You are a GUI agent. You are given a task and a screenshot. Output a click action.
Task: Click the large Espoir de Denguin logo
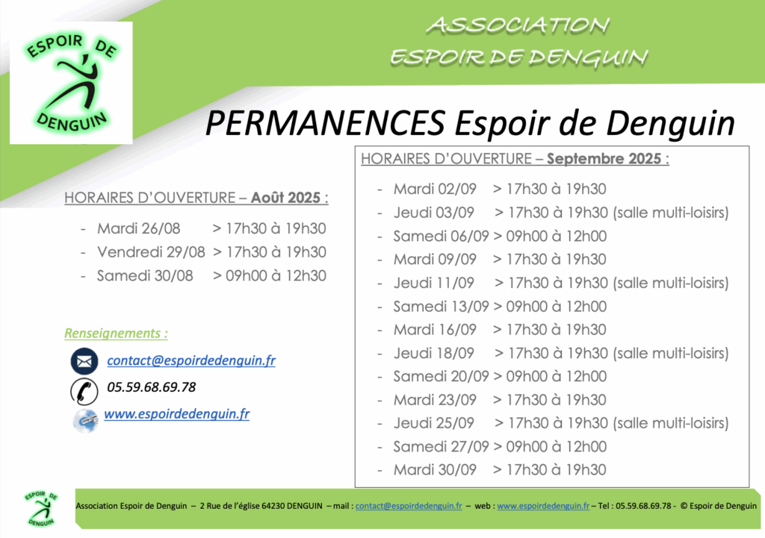tap(71, 83)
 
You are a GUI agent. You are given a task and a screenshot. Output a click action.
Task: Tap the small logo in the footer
tap(42, 509)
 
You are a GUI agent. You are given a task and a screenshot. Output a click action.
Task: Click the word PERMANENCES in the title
tap(325, 122)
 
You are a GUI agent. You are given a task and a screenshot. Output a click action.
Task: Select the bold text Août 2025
tap(285, 197)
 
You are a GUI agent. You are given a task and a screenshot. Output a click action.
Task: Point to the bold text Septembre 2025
tap(604, 158)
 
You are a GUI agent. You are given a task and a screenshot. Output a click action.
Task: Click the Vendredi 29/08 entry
tap(151, 252)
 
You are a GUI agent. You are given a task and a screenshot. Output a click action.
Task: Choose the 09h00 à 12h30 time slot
tap(276, 275)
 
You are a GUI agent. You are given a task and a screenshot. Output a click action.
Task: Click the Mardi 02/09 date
tap(435, 189)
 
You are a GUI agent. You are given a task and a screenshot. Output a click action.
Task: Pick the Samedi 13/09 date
tap(441, 306)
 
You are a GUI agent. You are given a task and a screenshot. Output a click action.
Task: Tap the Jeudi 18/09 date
tap(434, 353)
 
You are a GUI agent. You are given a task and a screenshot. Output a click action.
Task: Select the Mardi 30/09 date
tap(435, 470)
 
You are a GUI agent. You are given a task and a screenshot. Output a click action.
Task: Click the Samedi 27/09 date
tap(441, 446)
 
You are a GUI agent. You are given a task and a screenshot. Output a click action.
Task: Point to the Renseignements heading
tap(116, 334)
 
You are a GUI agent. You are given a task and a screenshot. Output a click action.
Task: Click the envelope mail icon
tap(84, 361)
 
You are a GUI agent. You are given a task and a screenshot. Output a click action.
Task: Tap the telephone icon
tap(84, 391)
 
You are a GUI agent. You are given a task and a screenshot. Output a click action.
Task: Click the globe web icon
tap(85, 420)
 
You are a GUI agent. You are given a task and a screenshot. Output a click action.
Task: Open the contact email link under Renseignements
tap(191, 360)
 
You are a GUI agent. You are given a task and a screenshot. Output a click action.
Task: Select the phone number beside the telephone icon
tap(151, 387)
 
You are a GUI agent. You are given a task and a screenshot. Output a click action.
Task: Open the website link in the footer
tap(543, 506)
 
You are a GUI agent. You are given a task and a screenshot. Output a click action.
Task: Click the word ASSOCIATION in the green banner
tap(518, 26)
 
